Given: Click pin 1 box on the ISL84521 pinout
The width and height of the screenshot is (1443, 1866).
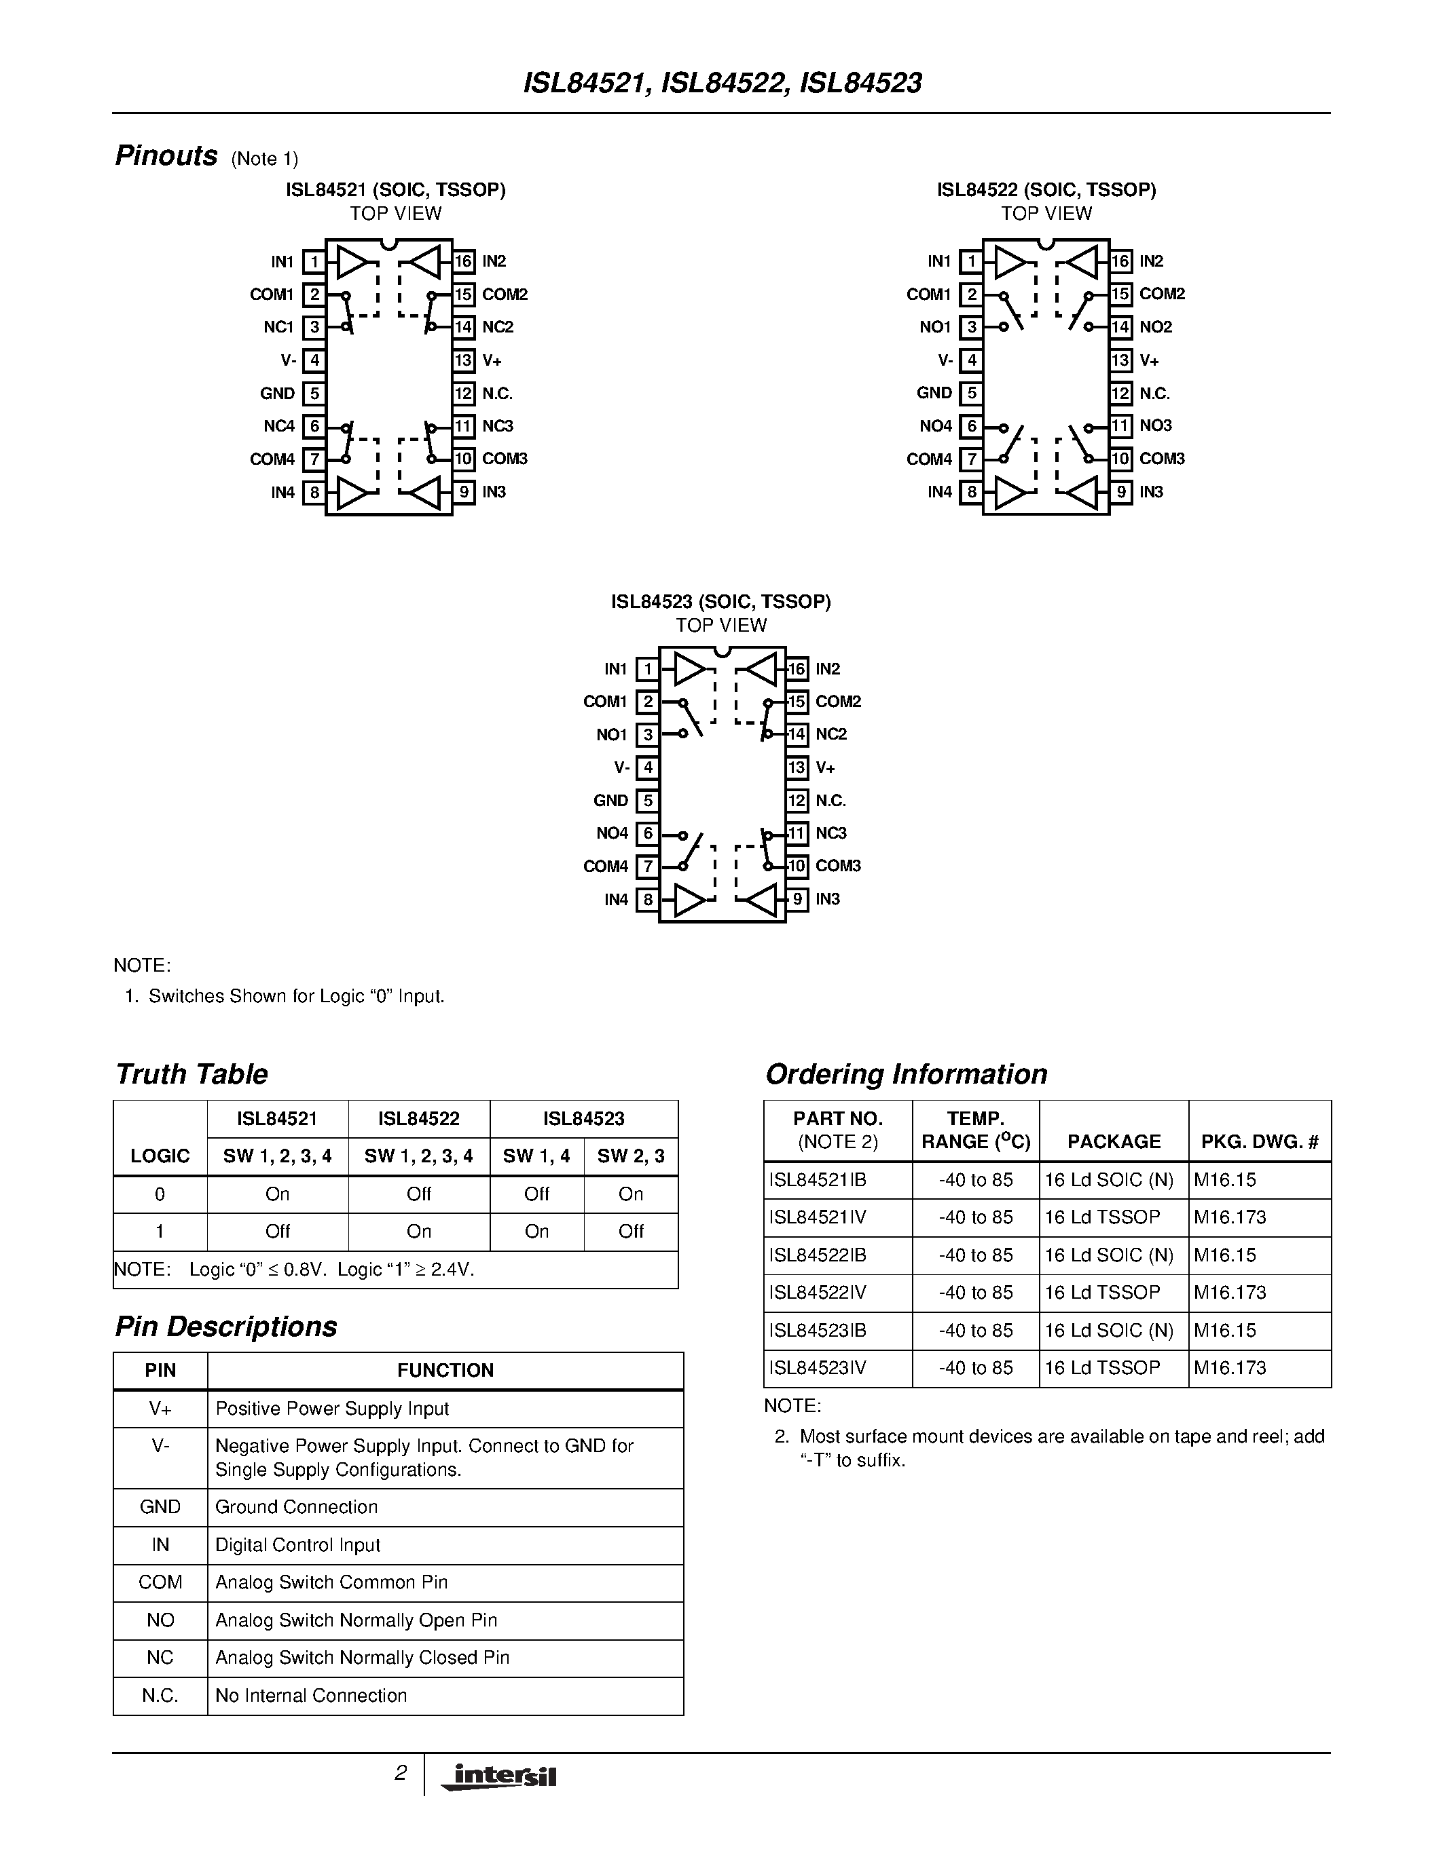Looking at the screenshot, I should coord(314,261).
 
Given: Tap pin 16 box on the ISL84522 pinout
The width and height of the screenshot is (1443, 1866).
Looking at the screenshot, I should coord(1120,261).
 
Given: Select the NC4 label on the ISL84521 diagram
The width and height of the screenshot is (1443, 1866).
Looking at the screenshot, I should coord(278,426).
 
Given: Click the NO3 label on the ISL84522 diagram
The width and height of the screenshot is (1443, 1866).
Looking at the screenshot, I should coord(1156,425).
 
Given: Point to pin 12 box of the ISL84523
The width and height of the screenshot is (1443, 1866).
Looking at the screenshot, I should coord(797,801).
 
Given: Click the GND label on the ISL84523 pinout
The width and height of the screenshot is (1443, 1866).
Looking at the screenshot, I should coord(610,801).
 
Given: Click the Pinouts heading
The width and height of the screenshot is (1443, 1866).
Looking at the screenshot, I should coord(166,156).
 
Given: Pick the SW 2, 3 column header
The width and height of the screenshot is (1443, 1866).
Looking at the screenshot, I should coord(631,1156).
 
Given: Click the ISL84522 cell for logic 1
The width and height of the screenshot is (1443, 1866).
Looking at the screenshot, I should coord(419,1231).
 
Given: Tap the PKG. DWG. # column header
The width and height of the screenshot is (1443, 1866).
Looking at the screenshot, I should coord(1259,1141).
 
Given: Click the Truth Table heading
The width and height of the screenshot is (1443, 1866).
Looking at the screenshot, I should coord(191,1074).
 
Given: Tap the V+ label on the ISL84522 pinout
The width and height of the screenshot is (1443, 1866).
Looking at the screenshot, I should coord(1149,360).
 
